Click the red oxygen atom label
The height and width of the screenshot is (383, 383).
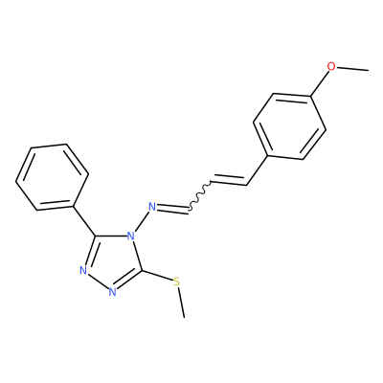click(x=331, y=66)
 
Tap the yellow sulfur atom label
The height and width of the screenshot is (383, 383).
click(x=176, y=282)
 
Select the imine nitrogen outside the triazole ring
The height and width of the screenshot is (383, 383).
click(x=153, y=207)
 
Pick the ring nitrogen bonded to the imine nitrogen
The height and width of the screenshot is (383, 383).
click(x=130, y=237)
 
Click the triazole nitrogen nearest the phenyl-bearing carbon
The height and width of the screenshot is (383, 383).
click(x=83, y=270)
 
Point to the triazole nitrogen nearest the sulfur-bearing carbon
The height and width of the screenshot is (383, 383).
click(x=112, y=292)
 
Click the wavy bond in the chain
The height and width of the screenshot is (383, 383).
click(x=200, y=194)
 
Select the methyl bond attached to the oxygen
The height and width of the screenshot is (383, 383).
click(x=352, y=68)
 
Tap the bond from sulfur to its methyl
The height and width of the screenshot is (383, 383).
click(x=181, y=303)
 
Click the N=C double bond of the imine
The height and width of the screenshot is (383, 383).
click(x=173, y=209)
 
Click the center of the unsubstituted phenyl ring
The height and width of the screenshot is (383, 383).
click(x=52, y=177)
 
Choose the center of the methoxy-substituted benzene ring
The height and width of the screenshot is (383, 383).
click(x=289, y=126)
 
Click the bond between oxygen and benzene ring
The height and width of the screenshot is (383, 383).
click(x=319, y=83)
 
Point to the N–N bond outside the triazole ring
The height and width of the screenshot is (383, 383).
click(x=141, y=222)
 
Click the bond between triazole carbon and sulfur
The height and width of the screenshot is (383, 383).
click(x=157, y=276)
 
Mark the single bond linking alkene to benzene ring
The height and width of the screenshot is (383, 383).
click(x=258, y=170)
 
